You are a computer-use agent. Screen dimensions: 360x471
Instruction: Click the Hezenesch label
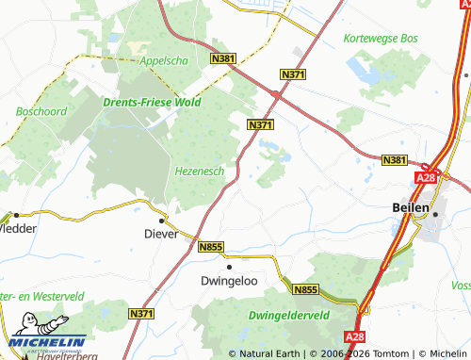[x=199, y=171]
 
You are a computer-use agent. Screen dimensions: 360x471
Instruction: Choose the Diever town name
[x=160, y=234]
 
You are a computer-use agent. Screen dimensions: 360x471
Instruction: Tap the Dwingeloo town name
[x=227, y=280]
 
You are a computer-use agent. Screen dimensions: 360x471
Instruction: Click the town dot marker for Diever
[x=161, y=220]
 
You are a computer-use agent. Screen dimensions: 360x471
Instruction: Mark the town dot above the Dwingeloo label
[x=228, y=266]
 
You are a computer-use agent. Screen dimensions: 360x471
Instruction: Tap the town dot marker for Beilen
[x=435, y=215]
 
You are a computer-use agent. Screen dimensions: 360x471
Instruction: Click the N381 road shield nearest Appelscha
[x=224, y=59]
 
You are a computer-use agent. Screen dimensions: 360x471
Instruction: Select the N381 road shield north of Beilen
[x=395, y=161]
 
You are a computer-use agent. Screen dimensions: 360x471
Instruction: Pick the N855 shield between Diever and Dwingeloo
[x=211, y=247]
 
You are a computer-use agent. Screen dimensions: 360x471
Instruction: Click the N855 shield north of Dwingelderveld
[x=305, y=290]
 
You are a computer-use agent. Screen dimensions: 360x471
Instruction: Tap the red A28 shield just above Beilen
[x=425, y=175]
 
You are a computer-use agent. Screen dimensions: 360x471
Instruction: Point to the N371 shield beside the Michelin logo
[x=141, y=313]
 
